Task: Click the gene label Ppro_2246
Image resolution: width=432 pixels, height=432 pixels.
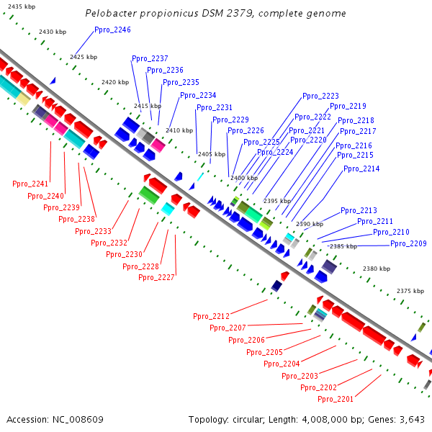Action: tap(112, 30)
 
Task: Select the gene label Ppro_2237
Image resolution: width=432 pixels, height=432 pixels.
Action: tap(150, 58)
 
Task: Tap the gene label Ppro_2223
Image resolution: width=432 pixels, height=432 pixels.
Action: tap(320, 96)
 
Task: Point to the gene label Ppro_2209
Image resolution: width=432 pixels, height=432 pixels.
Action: tap(408, 243)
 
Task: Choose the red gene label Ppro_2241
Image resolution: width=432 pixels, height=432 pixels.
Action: tap(30, 184)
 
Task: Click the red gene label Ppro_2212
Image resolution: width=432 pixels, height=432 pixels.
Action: tap(211, 316)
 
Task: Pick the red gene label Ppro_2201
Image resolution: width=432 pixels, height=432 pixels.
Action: tap(336, 399)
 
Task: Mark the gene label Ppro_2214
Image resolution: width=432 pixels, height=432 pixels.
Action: tap(361, 168)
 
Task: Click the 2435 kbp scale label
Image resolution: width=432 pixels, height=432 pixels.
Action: tap(17, 6)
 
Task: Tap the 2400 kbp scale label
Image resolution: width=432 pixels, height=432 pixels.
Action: tap(243, 178)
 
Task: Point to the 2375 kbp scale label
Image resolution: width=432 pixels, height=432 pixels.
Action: tap(410, 291)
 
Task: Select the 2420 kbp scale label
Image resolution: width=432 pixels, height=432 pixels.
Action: tap(115, 82)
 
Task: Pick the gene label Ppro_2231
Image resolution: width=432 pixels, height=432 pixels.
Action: tap(214, 107)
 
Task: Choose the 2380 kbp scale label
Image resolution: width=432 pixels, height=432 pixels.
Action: tap(377, 269)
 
